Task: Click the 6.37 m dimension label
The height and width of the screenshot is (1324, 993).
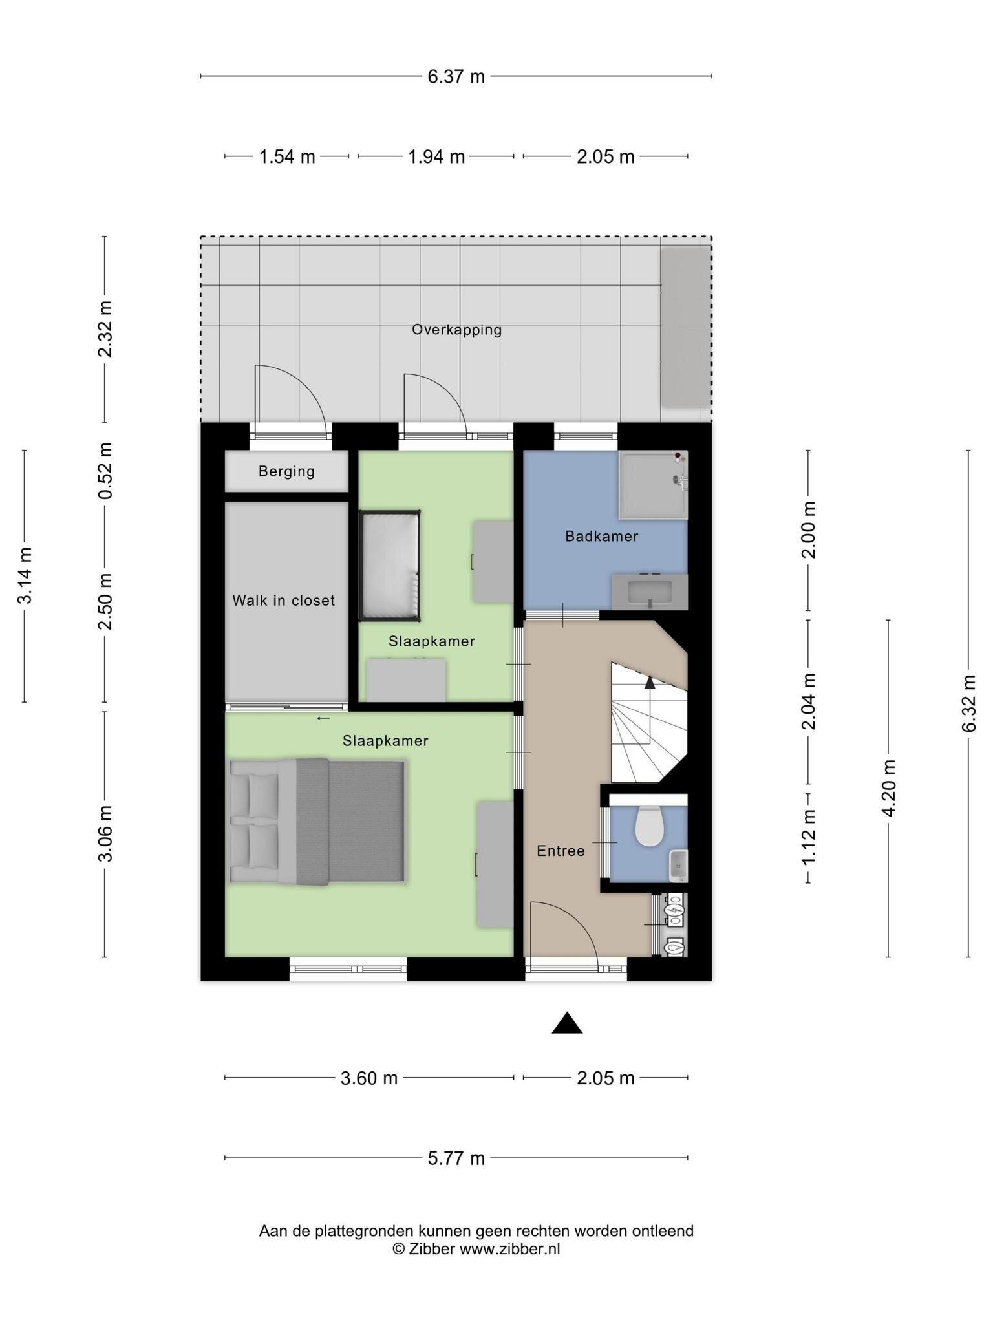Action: coord(456,77)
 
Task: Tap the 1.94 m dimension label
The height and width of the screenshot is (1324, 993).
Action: coord(436,156)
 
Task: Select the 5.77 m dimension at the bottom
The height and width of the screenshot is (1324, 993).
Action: coord(456,1158)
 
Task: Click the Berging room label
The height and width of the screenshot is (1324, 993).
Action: coord(286,471)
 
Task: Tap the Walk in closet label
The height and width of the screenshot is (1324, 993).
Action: coord(284,601)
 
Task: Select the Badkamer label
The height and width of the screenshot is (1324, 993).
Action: coord(602,536)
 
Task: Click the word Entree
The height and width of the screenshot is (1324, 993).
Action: coord(561,851)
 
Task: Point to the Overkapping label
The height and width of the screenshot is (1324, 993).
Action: coord(456,330)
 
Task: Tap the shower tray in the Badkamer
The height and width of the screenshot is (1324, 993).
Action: coord(653,486)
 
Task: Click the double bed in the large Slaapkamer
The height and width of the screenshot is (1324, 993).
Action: coord(317,821)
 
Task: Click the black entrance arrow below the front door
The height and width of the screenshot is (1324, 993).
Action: coord(567,1023)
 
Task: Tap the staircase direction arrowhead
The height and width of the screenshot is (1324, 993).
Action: coord(650,681)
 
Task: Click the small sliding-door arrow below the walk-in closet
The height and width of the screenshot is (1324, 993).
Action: coord(323,718)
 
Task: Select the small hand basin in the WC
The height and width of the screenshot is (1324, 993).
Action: coord(678,865)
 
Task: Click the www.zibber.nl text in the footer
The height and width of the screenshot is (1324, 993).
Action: coord(509,1249)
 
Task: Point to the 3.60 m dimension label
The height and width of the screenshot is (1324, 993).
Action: coord(368,1078)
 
